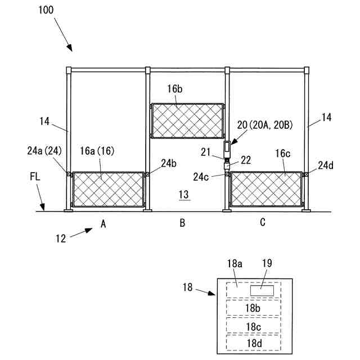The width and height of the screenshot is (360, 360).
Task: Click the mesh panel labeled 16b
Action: (x=188, y=120)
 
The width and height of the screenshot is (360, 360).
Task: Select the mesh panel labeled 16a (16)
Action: (x=107, y=190)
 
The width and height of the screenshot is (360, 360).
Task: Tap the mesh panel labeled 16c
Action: (x=267, y=190)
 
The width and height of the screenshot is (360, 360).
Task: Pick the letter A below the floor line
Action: (x=103, y=224)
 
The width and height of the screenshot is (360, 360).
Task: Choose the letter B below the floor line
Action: (x=182, y=223)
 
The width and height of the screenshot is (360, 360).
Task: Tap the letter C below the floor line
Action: (x=263, y=223)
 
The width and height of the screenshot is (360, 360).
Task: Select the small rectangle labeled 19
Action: (x=262, y=290)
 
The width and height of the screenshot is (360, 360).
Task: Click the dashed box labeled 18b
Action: (x=253, y=308)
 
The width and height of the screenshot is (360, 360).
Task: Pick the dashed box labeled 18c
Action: (x=253, y=326)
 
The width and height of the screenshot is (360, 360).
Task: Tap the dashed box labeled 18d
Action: (x=253, y=342)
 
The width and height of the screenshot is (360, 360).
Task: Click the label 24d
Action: (x=326, y=165)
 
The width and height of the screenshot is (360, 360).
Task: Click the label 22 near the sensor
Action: (x=246, y=160)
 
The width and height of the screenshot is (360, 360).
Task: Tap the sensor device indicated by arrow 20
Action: (x=227, y=148)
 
